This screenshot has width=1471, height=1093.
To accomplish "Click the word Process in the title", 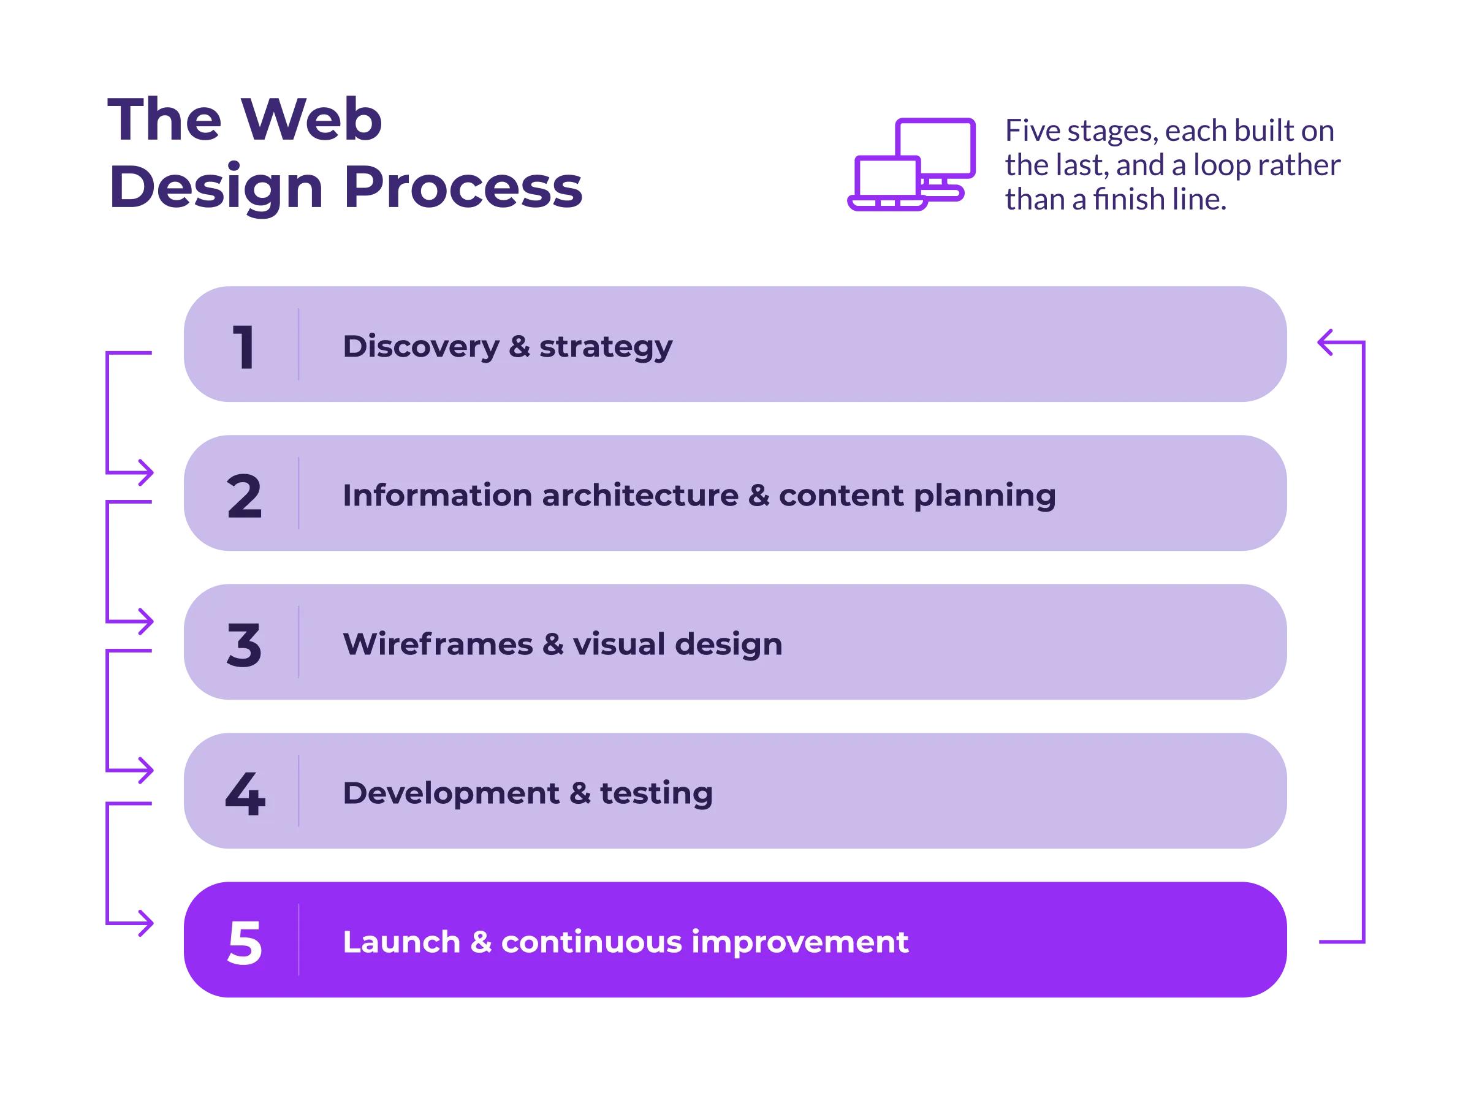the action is tap(463, 187).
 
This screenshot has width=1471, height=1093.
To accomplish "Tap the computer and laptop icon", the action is tap(911, 164).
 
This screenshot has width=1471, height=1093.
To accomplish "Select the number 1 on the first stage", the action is tap(243, 347).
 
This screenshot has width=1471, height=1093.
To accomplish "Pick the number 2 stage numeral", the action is tap(244, 496).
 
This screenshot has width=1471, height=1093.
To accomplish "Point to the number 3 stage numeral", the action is tap(244, 645).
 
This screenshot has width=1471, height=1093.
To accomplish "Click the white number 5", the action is tap(244, 942).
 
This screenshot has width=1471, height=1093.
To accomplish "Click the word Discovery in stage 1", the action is tap(421, 347).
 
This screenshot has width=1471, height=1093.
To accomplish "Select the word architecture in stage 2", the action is tap(640, 496).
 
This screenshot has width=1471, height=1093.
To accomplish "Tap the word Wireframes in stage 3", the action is tap(438, 645).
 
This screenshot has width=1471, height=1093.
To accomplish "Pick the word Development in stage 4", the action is tap(450, 794).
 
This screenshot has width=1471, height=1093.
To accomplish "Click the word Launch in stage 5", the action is tap(401, 942).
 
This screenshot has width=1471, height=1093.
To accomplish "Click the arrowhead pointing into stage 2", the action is tap(147, 472).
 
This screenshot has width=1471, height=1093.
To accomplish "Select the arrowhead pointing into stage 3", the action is tap(147, 621).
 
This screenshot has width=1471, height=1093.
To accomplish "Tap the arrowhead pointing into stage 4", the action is tap(147, 770).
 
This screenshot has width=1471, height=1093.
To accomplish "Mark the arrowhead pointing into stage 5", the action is tap(147, 923).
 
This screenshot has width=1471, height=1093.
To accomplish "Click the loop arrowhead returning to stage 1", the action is tap(1325, 342).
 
